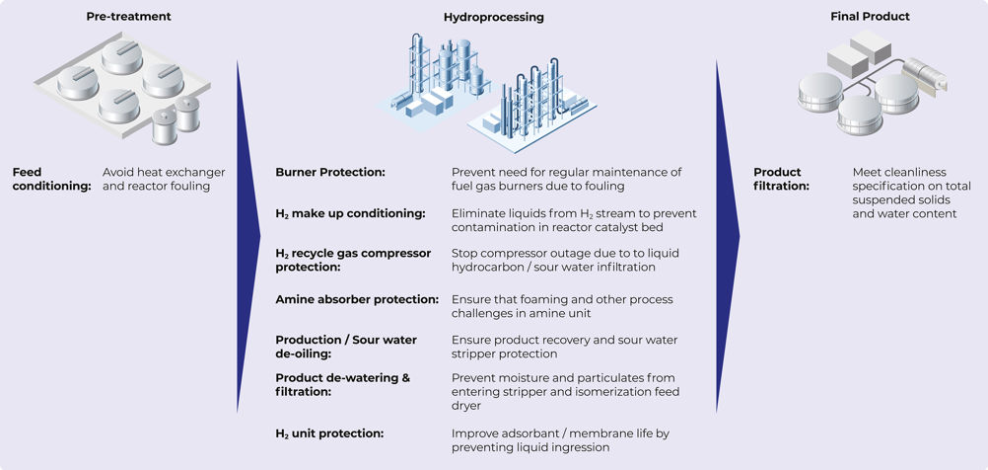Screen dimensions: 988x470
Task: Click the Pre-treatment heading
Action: [128, 17]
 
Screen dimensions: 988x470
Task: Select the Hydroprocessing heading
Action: [493, 18]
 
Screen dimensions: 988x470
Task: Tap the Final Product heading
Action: [870, 17]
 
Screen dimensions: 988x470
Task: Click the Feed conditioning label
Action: [51, 179]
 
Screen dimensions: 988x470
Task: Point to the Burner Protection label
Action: [330, 172]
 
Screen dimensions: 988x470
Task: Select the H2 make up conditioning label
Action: [350, 214]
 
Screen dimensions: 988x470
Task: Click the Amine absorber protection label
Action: [357, 299]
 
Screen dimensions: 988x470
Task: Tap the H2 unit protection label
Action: [329, 433]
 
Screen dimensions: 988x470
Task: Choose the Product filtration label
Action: [781, 179]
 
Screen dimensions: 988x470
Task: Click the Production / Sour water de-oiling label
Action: [346, 347]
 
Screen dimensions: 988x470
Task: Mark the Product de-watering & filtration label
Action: [343, 385]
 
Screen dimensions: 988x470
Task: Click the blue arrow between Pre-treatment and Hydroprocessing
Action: [248, 236]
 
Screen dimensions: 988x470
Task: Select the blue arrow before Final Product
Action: [727, 236]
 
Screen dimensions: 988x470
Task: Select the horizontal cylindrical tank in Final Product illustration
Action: [924, 75]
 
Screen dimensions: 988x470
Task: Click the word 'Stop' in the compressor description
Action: [463, 253]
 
